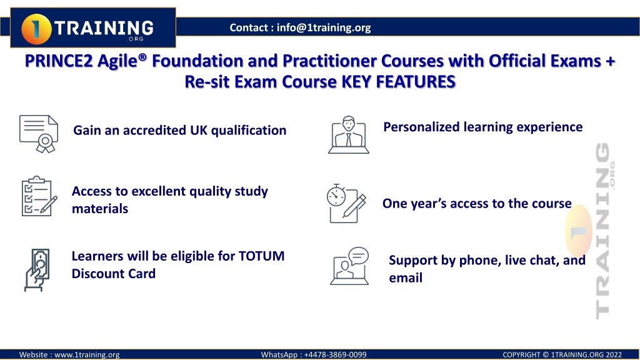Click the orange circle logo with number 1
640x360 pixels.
click(x=36, y=29)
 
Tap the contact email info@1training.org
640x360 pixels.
click(x=324, y=27)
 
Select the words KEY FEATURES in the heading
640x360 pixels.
click(x=398, y=82)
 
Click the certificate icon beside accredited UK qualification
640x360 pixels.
click(x=39, y=134)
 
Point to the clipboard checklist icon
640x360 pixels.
click(x=39, y=196)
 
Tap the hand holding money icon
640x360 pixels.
click(x=37, y=270)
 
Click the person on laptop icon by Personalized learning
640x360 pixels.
click(x=349, y=135)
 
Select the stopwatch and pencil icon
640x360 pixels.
click(x=346, y=203)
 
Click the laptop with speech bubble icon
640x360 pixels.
click(x=349, y=266)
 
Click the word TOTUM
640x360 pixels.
click(x=261, y=256)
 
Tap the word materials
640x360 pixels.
click(x=100, y=209)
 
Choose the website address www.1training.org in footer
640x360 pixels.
click(x=87, y=355)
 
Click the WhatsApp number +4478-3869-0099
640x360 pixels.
click(x=335, y=355)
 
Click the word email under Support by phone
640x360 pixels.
click(x=406, y=278)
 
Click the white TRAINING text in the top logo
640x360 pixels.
click(x=104, y=27)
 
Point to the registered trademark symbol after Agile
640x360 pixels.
click(x=142, y=57)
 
